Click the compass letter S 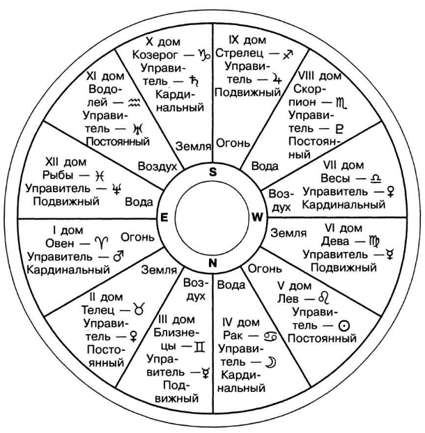[x=212, y=172]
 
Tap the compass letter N [x=212, y=263]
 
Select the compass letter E [x=164, y=218]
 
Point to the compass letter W [x=257, y=217]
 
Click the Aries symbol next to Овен [x=101, y=242]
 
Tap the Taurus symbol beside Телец [x=139, y=308]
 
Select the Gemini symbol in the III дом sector [x=199, y=347]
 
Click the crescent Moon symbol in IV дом [x=271, y=362]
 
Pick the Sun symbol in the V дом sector [x=343, y=326]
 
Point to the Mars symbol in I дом [x=118, y=256]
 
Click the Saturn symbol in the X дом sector [x=194, y=81]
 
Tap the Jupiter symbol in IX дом [x=277, y=79]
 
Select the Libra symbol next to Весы [x=376, y=178]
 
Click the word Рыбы [x=58, y=175]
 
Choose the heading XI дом [x=105, y=76]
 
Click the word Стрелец [x=239, y=53]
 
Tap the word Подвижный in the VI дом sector [x=343, y=267]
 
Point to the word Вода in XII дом [x=139, y=202]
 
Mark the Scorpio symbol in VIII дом [x=341, y=103]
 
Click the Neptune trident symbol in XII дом [x=117, y=189]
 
